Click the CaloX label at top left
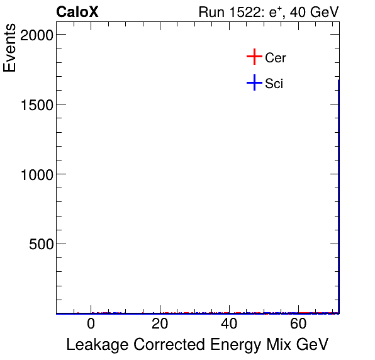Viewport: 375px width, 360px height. click(77, 12)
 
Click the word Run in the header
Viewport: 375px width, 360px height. click(211, 12)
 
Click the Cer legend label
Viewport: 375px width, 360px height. click(276, 58)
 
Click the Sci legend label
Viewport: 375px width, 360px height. click(274, 83)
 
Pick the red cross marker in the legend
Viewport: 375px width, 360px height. click(254, 57)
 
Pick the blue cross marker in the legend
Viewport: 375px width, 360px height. click(254, 82)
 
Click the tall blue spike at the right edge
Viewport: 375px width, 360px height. click(339, 189)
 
